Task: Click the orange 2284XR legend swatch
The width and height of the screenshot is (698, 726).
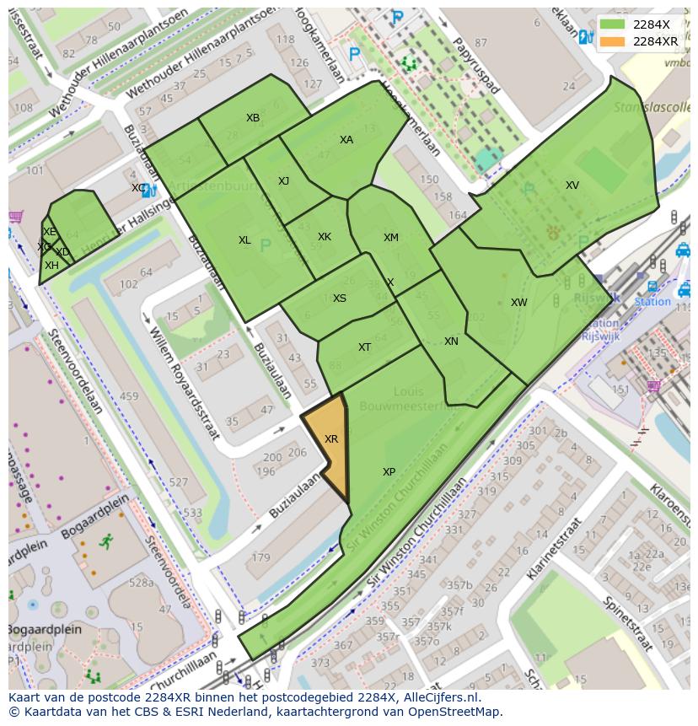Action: (613, 41)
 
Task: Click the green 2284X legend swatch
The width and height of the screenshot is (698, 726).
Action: (613, 24)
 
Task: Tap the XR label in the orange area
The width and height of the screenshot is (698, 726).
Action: (331, 439)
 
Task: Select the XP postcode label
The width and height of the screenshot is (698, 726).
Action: (389, 472)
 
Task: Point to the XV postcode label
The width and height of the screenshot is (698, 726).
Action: (572, 186)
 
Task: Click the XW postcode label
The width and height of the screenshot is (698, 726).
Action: (518, 303)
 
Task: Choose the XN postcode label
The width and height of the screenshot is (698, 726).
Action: (451, 341)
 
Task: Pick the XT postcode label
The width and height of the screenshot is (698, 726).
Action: (364, 347)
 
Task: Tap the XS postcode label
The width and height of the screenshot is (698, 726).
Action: (339, 298)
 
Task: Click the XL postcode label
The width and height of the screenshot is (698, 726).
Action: (244, 240)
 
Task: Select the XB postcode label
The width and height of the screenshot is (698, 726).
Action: (253, 118)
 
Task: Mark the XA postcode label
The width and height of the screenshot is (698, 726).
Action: (346, 140)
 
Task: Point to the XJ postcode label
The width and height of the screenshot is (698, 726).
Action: (283, 181)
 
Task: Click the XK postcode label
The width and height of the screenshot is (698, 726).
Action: (325, 237)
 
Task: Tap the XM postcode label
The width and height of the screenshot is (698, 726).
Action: (390, 238)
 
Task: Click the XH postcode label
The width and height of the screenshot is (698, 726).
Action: (51, 266)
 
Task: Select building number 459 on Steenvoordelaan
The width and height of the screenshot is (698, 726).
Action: (129, 396)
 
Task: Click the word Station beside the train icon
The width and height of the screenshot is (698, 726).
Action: (652, 302)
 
